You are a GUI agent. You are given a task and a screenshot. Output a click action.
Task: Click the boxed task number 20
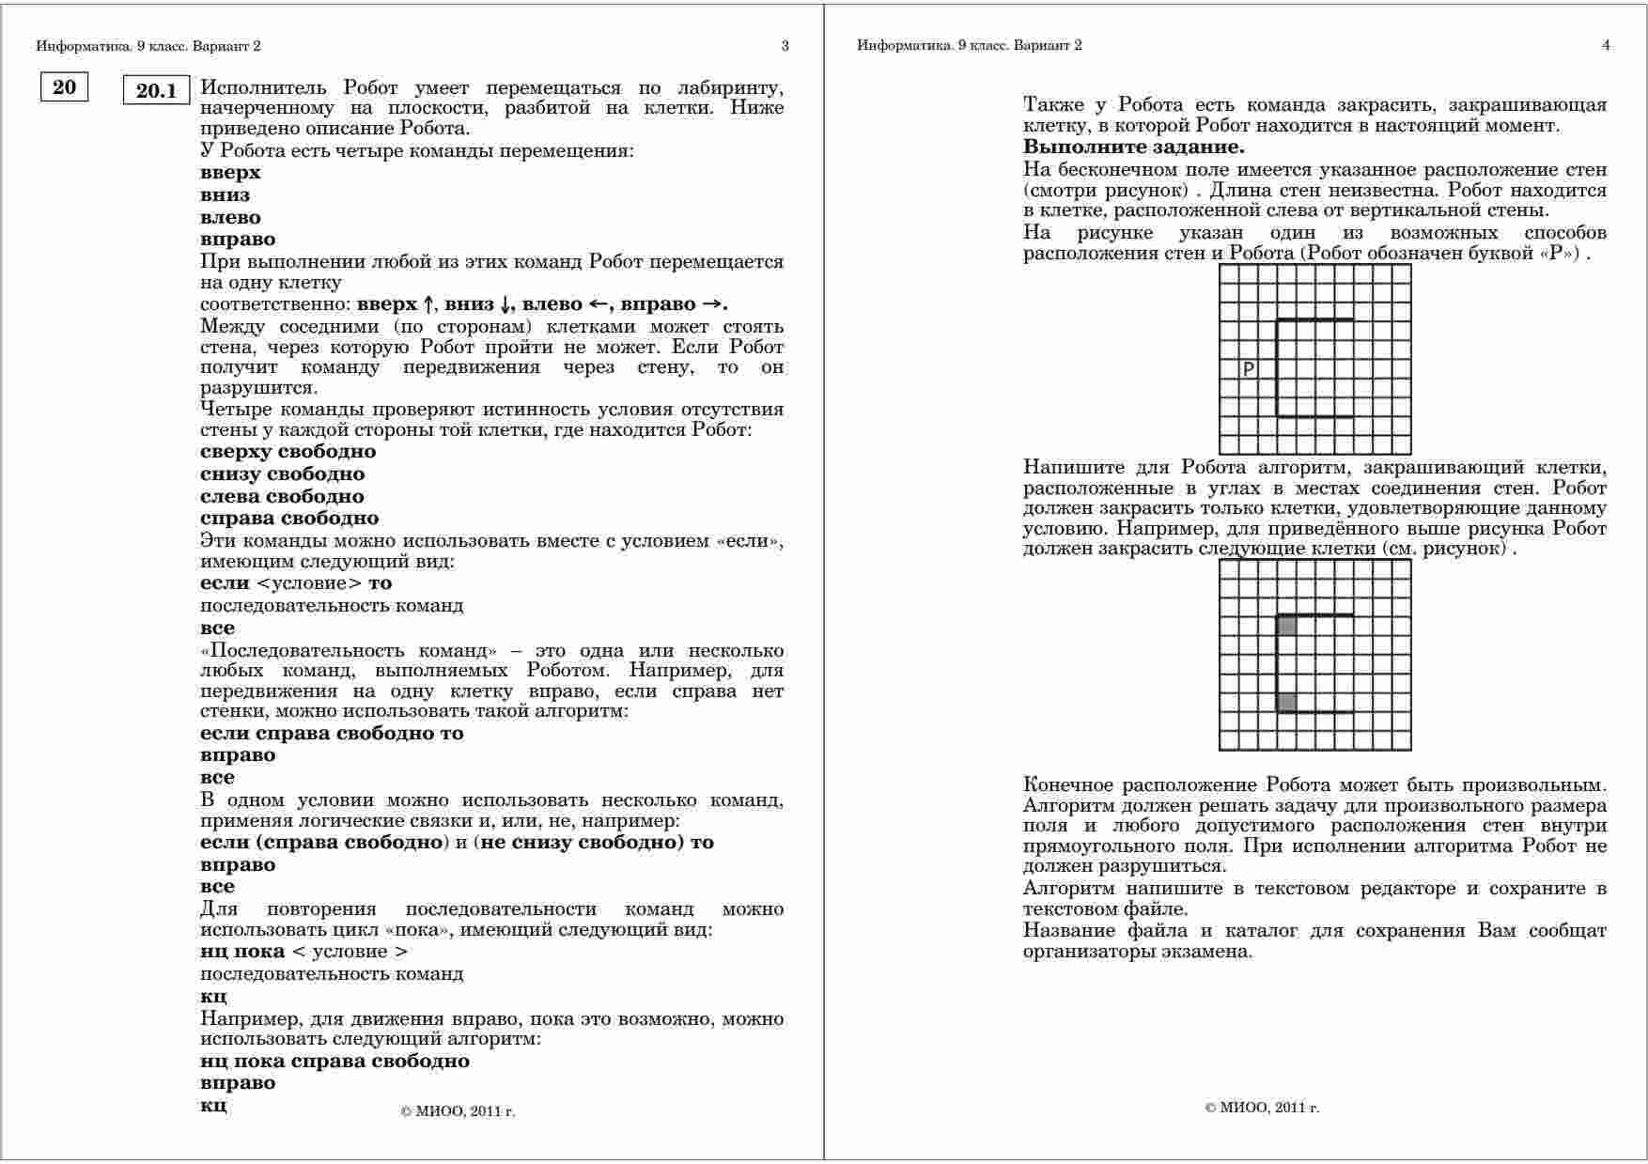pyautogui.click(x=64, y=87)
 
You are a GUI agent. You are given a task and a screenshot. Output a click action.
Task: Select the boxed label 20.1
pyautogui.click(x=157, y=90)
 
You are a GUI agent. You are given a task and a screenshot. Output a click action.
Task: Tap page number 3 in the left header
pyautogui.click(x=785, y=45)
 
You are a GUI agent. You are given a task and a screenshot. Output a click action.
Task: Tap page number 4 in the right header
pyautogui.click(x=1606, y=45)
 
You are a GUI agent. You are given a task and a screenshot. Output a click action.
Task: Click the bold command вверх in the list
pyautogui.click(x=230, y=173)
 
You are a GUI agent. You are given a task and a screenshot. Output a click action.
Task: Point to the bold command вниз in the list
pyautogui.click(x=225, y=195)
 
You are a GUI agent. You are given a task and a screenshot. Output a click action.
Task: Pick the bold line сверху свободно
pyautogui.click(x=288, y=452)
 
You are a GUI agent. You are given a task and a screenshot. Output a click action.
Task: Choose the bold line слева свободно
pyautogui.click(x=282, y=496)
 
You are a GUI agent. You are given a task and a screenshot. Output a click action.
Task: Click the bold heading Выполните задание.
pyautogui.click(x=1133, y=147)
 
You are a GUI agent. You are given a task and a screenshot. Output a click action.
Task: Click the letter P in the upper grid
pyautogui.click(x=1249, y=369)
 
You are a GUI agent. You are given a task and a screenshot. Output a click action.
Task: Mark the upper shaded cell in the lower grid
pyautogui.click(x=1287, y=626)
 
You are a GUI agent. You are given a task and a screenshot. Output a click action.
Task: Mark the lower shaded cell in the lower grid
pyautogui.click(x=1287, y=702)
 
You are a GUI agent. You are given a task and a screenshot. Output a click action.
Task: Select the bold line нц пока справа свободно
pyautogui.click(x=334, y=1062)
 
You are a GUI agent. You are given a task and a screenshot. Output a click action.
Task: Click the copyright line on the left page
pyautogui.click(x=458, y=1111)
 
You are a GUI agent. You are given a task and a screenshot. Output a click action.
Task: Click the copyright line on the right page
pyautogui.click(x=1262, y=1108)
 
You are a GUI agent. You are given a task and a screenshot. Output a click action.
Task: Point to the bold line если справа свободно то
pyautogui.click(x=332, y=734)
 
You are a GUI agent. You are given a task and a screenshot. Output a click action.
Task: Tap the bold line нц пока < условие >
pyautogui.click(x=303, y=952)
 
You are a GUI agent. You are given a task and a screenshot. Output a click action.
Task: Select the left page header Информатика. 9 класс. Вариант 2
pyautogui.click(x=148, y=45)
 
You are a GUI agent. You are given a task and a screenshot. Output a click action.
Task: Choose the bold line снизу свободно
pyautogui.click(x=282, y=474)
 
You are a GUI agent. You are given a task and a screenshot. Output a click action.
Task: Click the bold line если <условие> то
pyautogui.click(x=296, y=583)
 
